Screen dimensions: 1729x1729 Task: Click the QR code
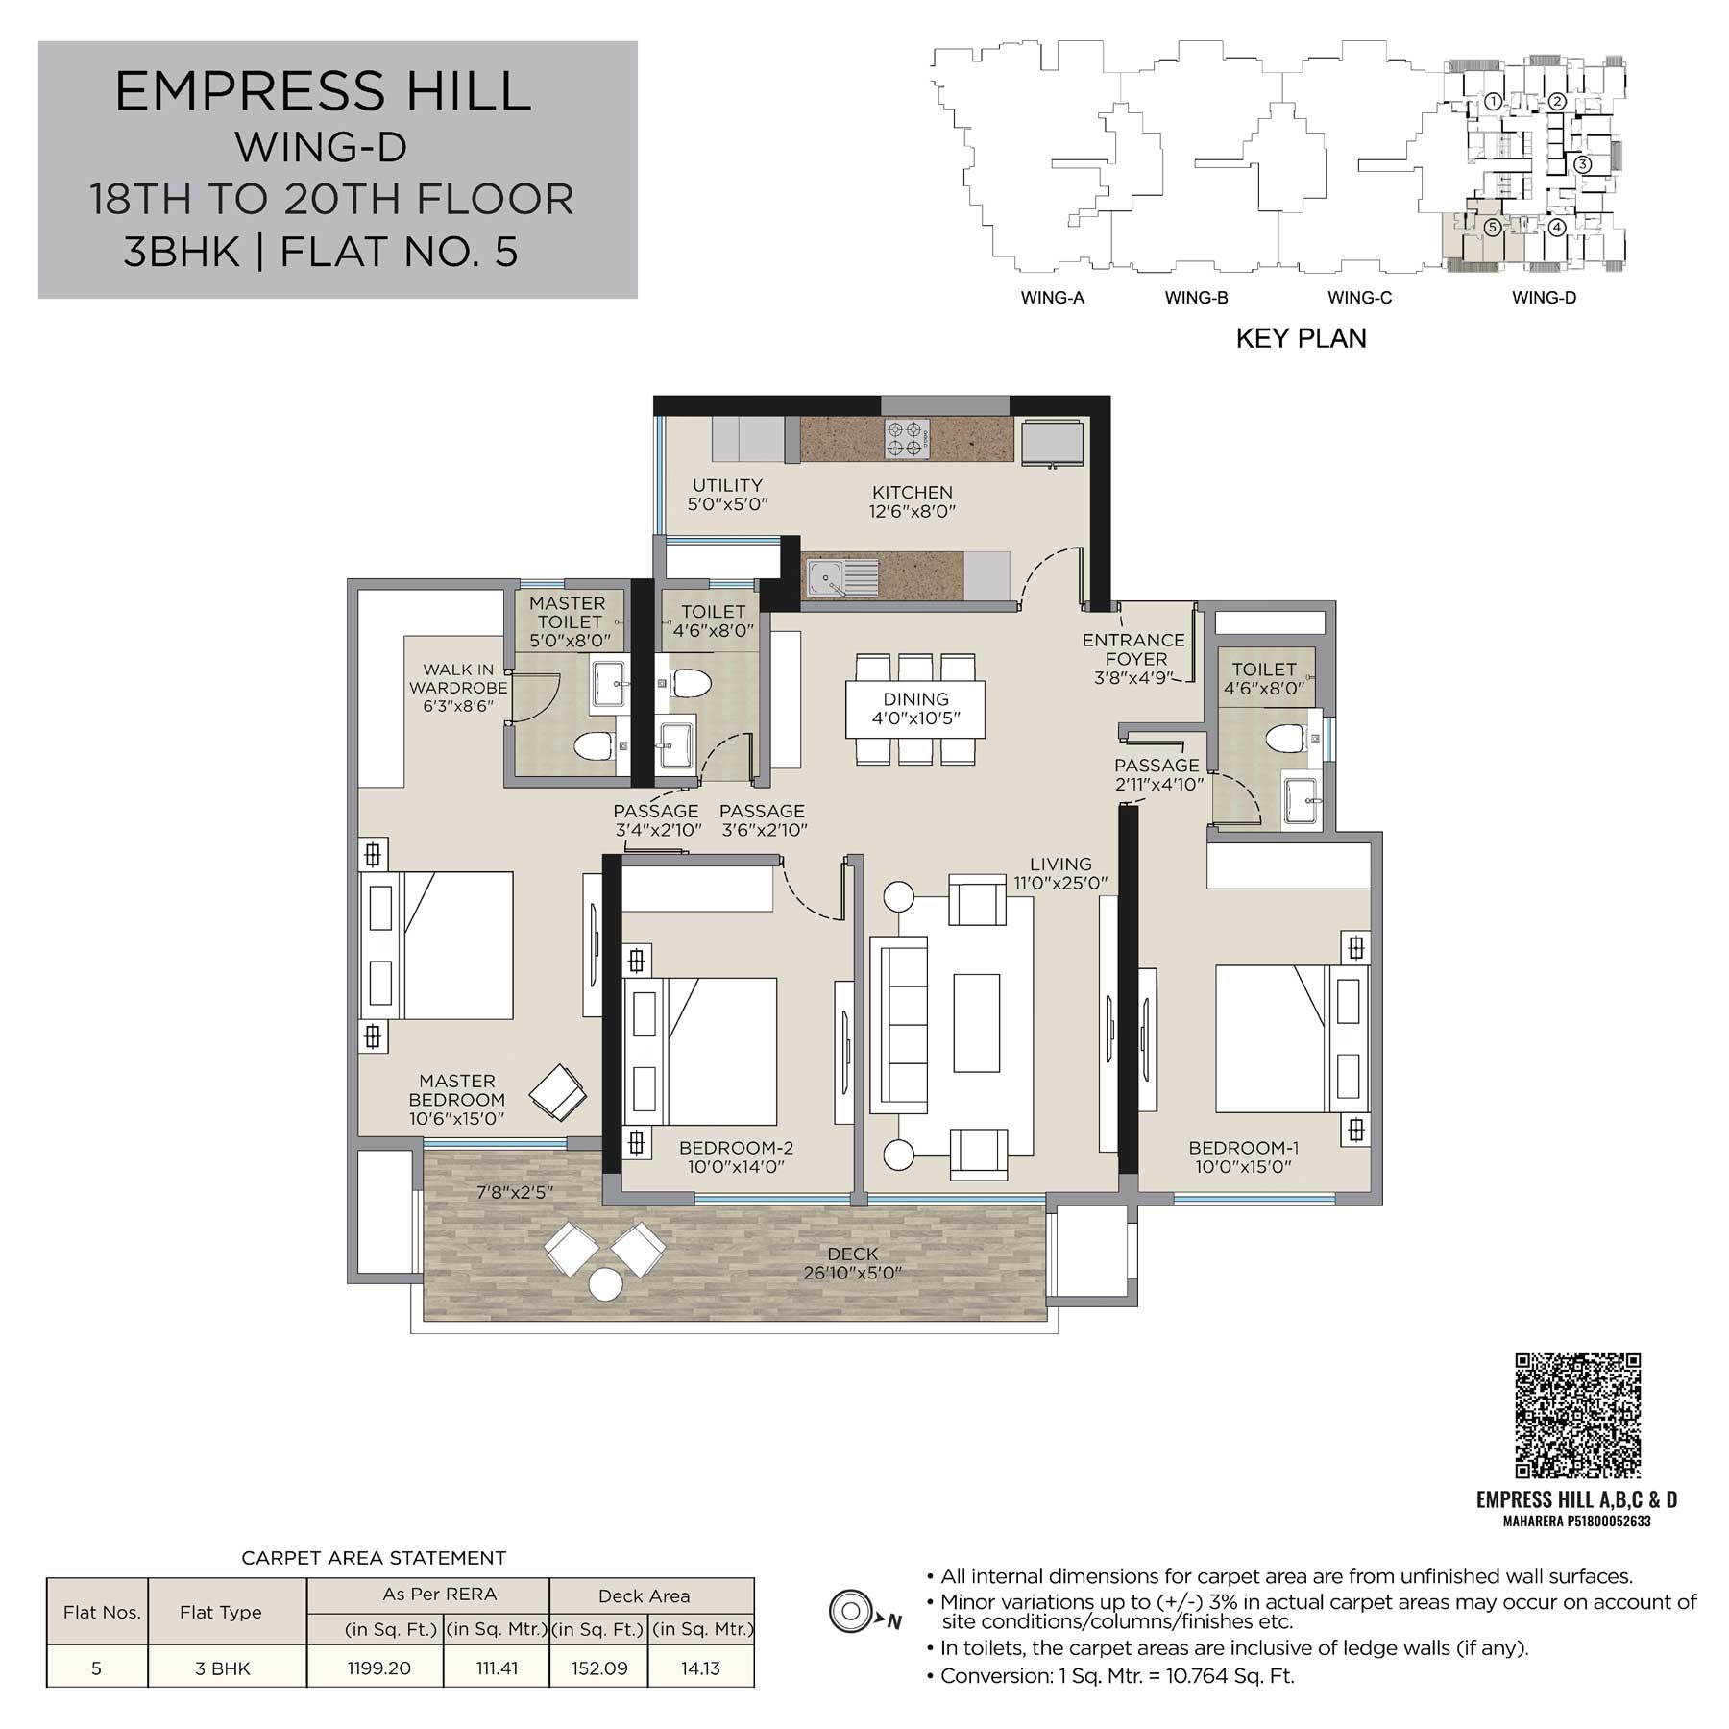pos(1577,1416)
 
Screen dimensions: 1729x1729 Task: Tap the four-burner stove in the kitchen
pos(907,440)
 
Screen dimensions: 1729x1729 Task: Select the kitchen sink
pos(841,578)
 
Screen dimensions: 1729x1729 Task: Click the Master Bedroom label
pos(457,1100)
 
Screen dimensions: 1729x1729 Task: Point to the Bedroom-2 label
pos(737,1157)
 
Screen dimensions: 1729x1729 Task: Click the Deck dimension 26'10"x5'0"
pos(852,1274)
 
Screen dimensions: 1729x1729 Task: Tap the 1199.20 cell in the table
pos(378,1668)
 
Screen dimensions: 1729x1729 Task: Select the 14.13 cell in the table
pos(700,1668)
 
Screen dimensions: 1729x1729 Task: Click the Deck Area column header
pos(644,1595)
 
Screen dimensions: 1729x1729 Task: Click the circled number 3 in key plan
pos(1582,164)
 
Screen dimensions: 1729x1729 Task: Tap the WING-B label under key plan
pos(1196,298)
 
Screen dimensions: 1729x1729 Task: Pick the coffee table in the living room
pos(976,1022)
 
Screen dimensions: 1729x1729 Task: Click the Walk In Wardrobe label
pos(458,688)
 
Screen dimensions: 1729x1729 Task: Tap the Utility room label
pos(727,495)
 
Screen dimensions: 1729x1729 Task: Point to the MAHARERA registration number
pos(1576,1521)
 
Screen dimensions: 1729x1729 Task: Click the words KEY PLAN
pos(1301,338)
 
